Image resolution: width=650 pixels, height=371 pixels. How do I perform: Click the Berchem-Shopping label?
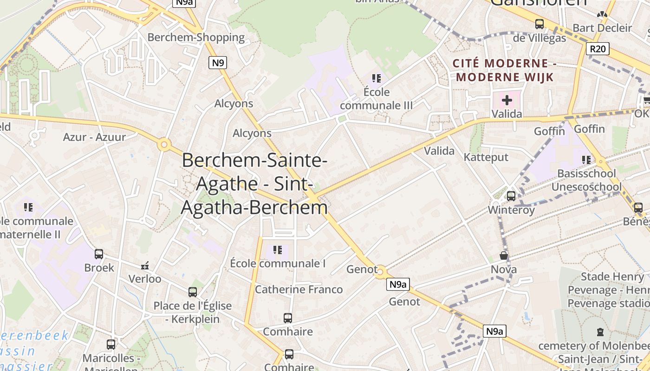coord(196,38)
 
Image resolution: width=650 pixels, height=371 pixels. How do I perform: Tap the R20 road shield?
coord(598,49)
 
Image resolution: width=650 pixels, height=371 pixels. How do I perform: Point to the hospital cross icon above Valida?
coord(507,100)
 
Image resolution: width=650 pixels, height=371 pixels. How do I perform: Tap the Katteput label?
coord(486,157)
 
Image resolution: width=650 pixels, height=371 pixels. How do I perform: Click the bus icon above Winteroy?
coord(511,196)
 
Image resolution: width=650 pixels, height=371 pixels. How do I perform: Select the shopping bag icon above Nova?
coord(504,256)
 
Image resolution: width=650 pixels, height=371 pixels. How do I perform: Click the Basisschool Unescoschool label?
coord(586,180)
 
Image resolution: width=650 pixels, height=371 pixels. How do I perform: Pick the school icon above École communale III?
coord(376,78)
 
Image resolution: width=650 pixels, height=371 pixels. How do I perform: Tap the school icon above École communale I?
coord(278,250)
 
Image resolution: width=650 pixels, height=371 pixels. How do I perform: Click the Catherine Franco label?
coord(299,290)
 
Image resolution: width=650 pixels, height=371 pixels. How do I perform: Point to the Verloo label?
coord(145,279)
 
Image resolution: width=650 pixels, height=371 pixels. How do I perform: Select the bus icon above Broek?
coord(99,254)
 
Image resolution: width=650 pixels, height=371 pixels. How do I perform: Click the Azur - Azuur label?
coord(94,137)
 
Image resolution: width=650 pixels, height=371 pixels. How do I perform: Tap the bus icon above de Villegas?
coord(539,24)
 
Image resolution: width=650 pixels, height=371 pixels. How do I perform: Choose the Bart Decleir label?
coord(602,28)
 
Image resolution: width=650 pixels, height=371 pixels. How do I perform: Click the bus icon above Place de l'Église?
coord(193,292)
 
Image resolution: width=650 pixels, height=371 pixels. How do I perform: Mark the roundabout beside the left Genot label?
coord(380,271)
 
